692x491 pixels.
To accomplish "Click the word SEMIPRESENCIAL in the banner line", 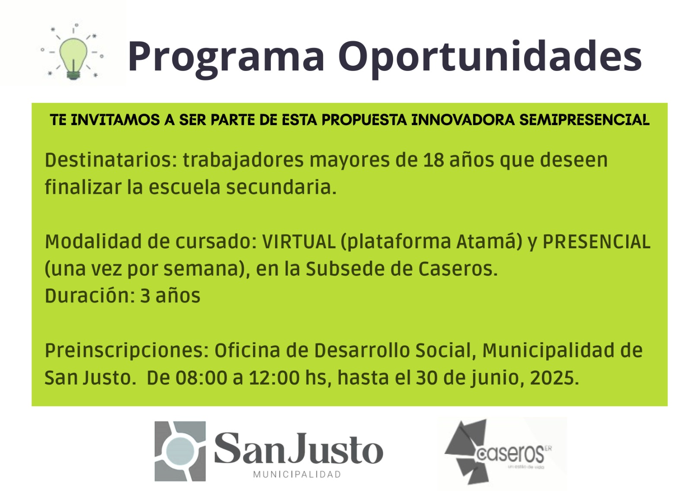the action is click(x=584, y=120).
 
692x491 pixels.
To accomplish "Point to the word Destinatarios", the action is click(x=111, y=160).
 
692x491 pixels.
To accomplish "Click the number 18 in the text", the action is click(x=433, y=160).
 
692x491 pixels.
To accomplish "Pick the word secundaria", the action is click(x=281, y=187).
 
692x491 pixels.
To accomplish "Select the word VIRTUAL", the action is click(x=299, y=241).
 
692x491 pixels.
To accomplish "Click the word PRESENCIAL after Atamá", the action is click(x=596, y=241).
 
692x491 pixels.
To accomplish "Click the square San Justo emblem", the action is click(x=180, y=451).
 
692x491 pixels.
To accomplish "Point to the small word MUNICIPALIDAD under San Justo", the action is click(x=297, y=474).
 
